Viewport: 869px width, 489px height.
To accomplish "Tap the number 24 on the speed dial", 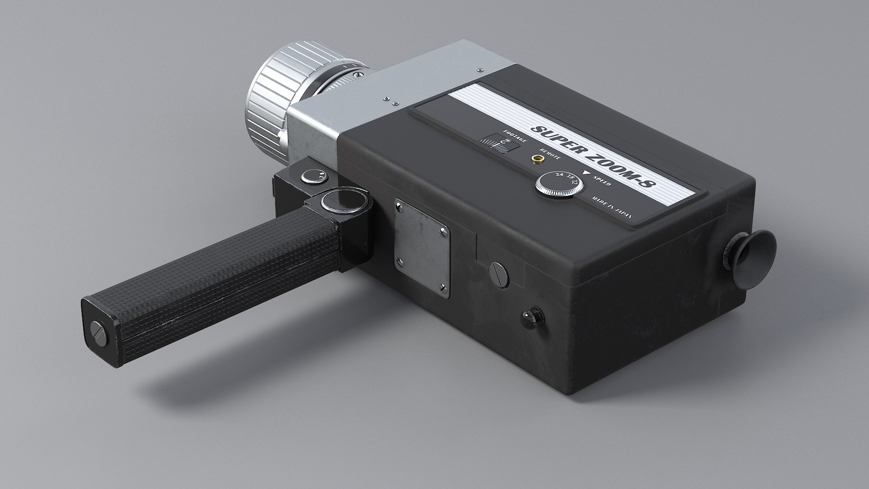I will coord(559,176).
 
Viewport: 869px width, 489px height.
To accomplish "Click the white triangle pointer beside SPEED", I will coord(587,173).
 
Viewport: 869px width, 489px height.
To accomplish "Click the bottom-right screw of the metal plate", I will coord(443,288).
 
